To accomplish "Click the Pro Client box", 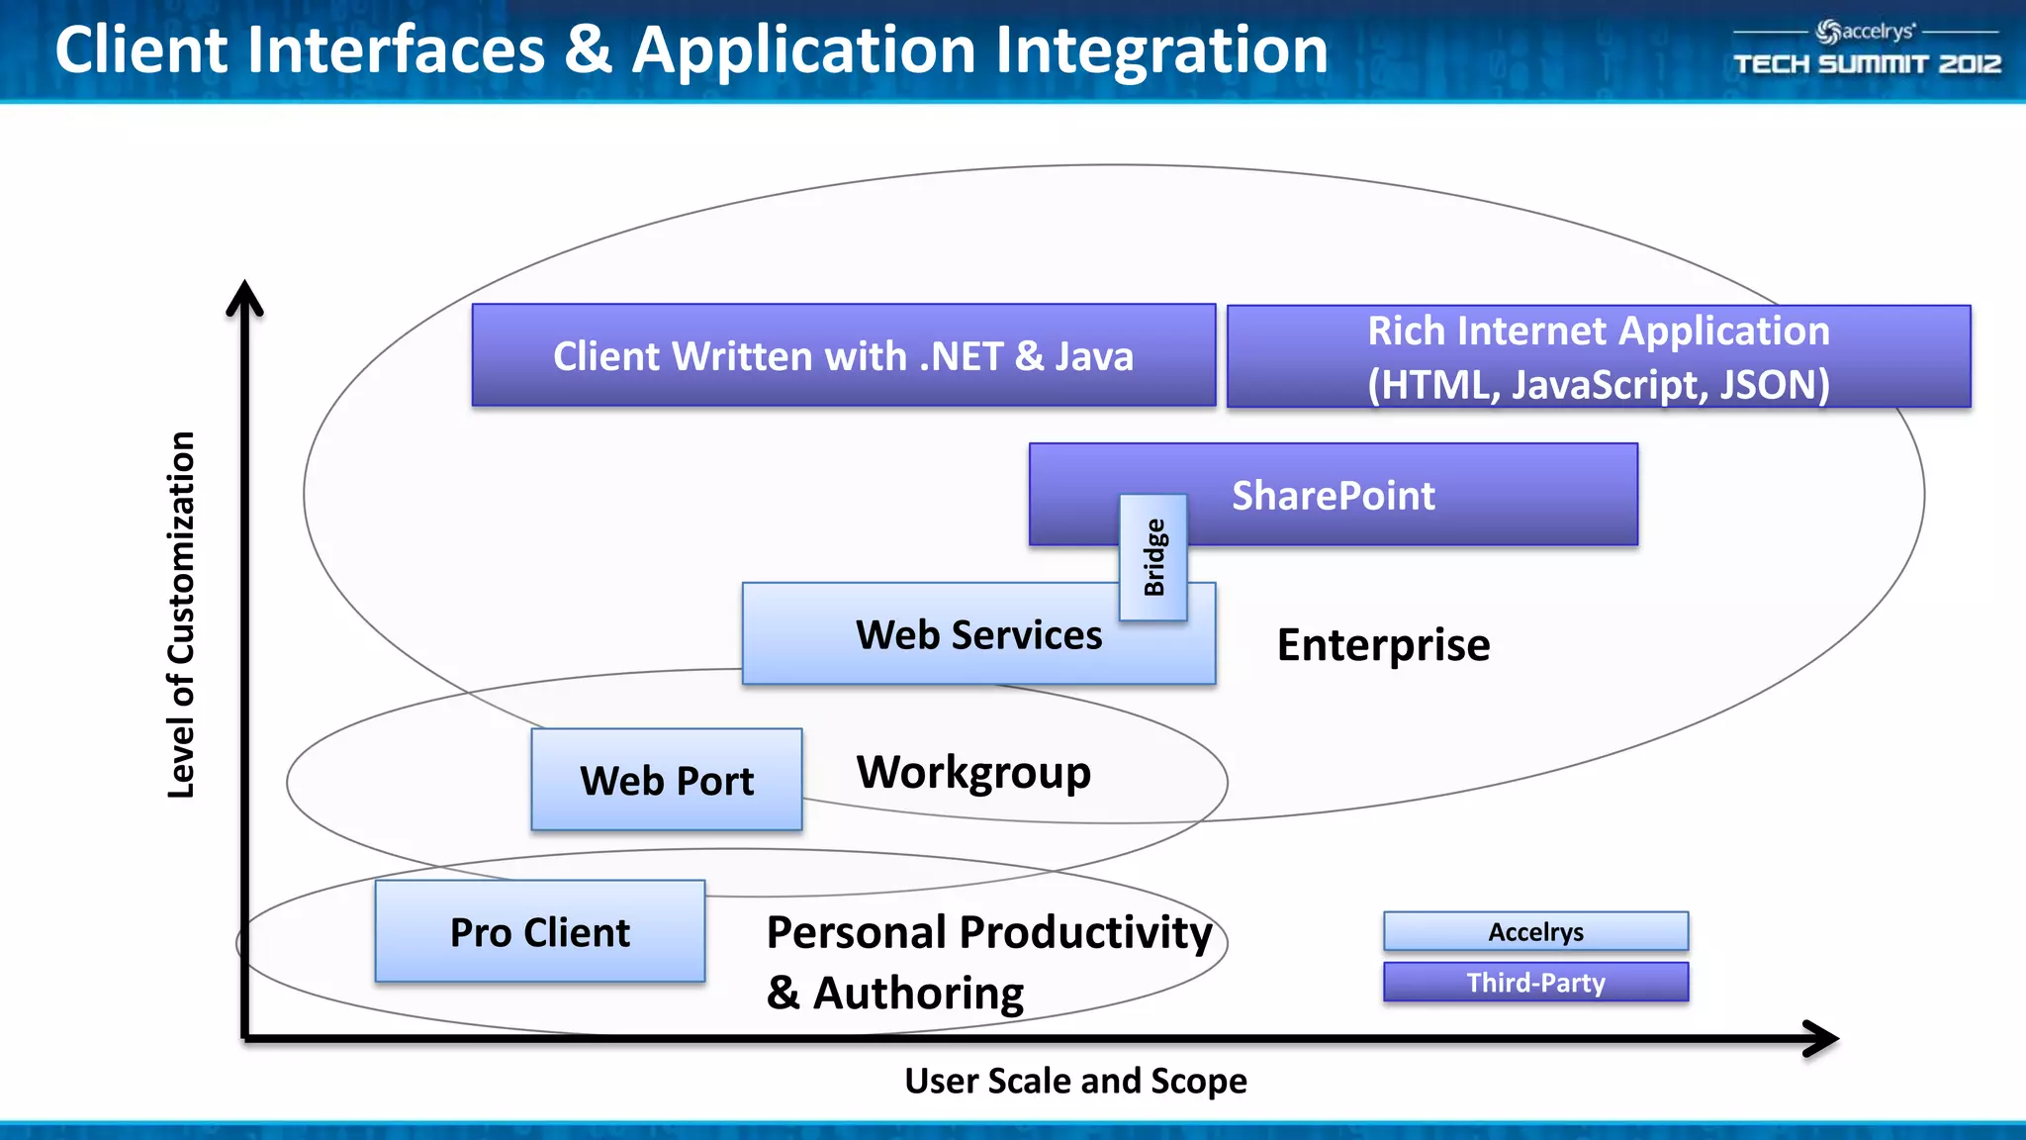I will click(x=540, y=931).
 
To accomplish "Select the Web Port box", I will click(x=666, y=780).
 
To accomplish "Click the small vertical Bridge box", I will click(x=1153, y=557).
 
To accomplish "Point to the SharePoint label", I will click(x=1333, y=495).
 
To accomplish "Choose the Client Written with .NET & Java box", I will click(x=843, y=355).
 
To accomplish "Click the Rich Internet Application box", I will click(x=1598, y=356).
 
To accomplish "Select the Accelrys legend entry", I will click(x=1535, y=931).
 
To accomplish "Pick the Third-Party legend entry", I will click(x=1535, y=982).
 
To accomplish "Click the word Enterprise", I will click(x=1383, y=645).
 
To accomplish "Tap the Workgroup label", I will click(x=973, y=773).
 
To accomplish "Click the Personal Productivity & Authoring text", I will click(x=987, y=961).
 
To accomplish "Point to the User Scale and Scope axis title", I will click(x=1075, y=1081).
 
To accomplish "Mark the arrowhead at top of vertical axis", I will click(x=244, y=297).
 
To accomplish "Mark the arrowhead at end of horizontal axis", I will click(x=1822, y=1038).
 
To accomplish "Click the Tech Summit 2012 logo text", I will click(x=1867, y=64).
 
